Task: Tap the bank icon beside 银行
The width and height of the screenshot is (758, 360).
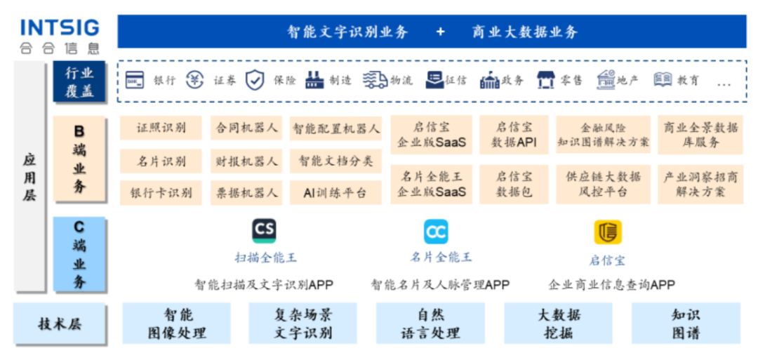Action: [135, 80]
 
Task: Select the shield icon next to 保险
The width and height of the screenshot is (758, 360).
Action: [254, 80]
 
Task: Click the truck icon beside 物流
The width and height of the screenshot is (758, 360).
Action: [375, 80]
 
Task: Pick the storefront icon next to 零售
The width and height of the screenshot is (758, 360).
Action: [545, 80]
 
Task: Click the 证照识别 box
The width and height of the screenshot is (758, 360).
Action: [161, 128]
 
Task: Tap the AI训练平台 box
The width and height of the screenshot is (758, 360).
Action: [335, 192]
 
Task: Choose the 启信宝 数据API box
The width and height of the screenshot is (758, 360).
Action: [514, 135]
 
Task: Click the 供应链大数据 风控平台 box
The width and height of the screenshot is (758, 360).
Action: [603, 184]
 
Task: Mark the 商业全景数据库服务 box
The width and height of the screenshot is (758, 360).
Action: [700, 135]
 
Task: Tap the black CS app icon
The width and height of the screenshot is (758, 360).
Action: [264, 231]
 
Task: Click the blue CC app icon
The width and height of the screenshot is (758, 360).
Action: [435, 232]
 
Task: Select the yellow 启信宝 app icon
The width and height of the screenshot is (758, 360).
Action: [607, 232]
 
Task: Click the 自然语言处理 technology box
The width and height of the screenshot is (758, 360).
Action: [430, 324]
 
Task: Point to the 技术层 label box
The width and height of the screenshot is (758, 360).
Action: [60, 324]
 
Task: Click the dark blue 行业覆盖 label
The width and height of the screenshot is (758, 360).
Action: [79, 82]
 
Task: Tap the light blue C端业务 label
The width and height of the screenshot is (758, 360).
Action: [79, 254]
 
